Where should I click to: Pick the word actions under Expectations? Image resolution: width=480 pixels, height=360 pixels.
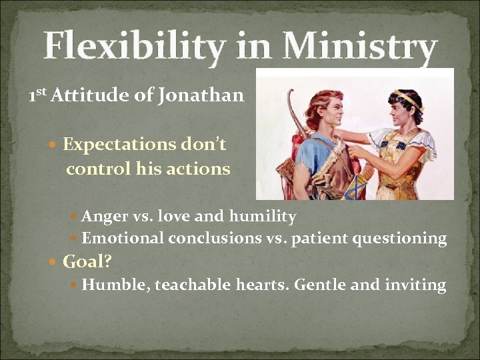203,169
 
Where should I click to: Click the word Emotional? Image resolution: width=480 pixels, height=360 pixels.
123,238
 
